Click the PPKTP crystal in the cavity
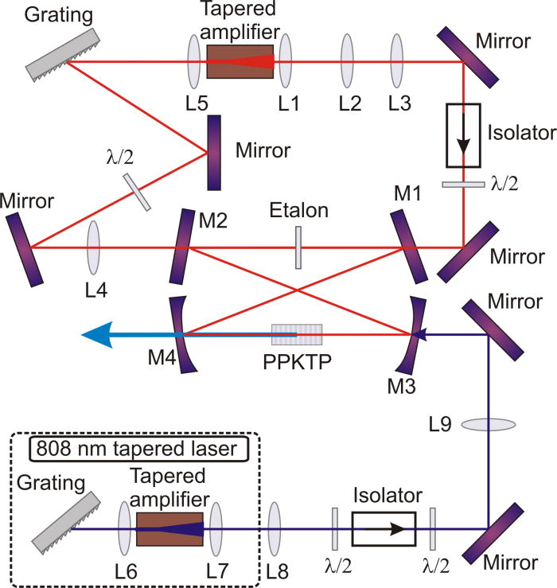(297, 335)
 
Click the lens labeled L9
(487, 426)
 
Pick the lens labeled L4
(94, 247)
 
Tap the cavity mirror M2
(181, 247)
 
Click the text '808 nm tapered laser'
(135, 449)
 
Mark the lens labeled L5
(195, 60)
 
